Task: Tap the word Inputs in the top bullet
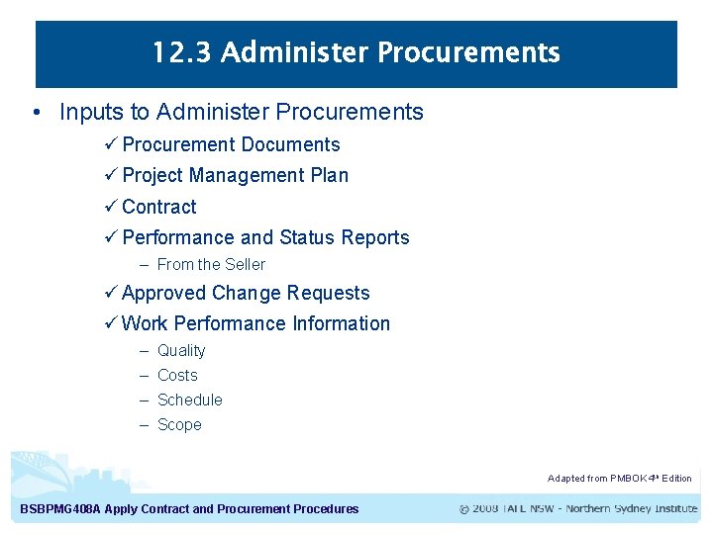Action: (92, 113)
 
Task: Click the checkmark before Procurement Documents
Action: (111, 145)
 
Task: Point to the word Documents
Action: (290, 145)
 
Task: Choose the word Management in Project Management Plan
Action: (247, 176)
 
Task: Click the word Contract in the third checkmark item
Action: (159, 207)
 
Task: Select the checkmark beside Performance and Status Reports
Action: (111, 238)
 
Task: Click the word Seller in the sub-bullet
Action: (246, 265)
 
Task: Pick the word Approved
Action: (163, 294)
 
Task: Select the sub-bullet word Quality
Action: (181, 351)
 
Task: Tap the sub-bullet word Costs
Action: (177, 376)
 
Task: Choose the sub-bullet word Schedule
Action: (190, 400)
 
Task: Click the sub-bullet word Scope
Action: (179, 425)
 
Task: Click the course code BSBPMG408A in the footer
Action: (59, 509)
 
